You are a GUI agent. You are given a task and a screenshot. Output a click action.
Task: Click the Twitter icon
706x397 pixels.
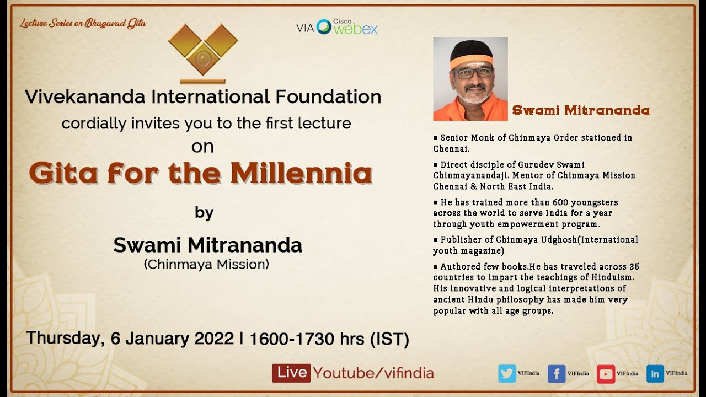tap(507, 373)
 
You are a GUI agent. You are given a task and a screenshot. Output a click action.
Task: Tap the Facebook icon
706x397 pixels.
tap(557, 373)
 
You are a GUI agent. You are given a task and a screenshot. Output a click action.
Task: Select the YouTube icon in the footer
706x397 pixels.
tap(606, 373)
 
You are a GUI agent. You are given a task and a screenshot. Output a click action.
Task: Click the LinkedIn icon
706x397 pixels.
tap(655, 373)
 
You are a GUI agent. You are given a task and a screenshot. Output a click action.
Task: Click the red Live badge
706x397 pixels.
tap(291, 373)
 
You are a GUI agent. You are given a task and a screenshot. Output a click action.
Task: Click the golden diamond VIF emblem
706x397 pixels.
tap(203, 51)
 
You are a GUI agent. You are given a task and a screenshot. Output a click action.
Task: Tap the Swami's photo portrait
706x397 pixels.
tap(470, 79)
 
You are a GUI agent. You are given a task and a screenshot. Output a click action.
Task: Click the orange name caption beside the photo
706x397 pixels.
tap(580, 110)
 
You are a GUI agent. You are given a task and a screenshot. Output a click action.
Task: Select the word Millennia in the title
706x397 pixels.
tap(301, 173)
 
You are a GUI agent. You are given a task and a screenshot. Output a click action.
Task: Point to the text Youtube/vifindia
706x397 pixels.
tap(373, 373)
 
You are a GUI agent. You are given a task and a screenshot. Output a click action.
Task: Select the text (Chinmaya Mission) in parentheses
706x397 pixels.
tap(206, 264)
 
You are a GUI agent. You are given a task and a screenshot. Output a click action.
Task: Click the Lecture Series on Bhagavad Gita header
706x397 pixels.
tap(83, 24)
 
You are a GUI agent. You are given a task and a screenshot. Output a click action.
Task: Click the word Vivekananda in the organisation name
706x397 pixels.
tap(85, 97)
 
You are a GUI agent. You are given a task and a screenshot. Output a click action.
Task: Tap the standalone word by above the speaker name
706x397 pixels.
tap(204, 213)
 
